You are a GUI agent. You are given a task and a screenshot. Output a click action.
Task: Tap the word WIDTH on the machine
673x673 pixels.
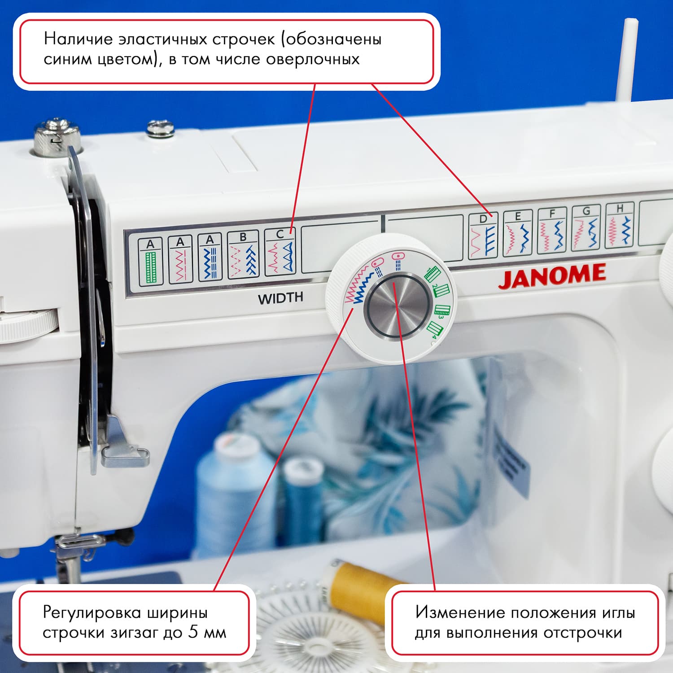(x=280, y=298)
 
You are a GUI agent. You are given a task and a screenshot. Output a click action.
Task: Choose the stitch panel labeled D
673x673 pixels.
(x=483, y=236)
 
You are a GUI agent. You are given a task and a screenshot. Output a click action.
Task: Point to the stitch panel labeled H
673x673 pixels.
(x=619, y=226)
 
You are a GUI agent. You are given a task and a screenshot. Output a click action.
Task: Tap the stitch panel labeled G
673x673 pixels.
(x=586, y=229)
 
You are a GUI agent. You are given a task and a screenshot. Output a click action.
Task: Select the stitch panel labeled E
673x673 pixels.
(x=517, y=233)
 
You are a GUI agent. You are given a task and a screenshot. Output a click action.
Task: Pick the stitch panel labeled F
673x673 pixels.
(x=552, y=231)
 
